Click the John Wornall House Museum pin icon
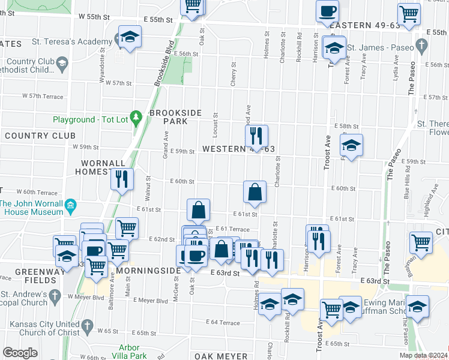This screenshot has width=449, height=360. (x=71, y=205)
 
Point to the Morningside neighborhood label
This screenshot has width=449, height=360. (x=148, y=271)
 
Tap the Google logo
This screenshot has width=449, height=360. (x=20, y=352)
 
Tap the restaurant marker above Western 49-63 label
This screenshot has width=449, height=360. (x=256, y=136)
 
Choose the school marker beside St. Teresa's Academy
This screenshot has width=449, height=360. (x=130, y=37)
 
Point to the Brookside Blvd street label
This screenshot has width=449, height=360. (x=163, y=62)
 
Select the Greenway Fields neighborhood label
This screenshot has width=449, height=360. (x=24, y=275)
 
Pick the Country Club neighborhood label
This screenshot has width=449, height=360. (x=40, y=136)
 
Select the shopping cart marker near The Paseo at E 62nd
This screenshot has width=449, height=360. (x=421, y=242)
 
